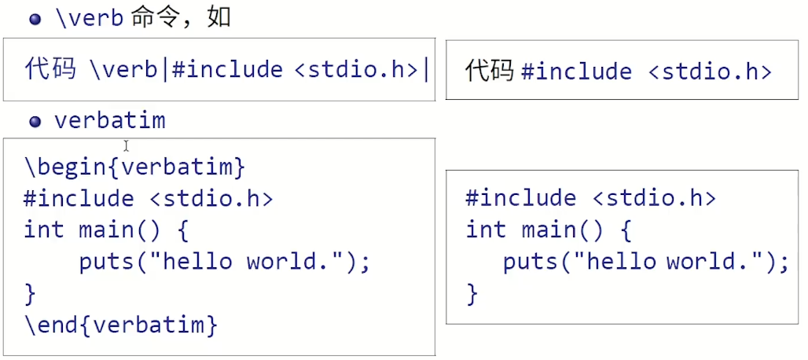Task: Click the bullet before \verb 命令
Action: (35, 20)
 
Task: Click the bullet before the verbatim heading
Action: (35, 122)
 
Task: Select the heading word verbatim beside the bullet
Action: (109, 121)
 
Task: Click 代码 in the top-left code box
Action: (50, 69)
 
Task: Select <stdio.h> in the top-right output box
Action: (711, 72)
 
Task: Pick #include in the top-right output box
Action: (576, 72)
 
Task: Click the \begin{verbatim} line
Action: (135, 167)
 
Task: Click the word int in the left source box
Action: (44, 230)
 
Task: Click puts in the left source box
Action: (106, 261)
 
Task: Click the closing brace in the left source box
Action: (30, 293)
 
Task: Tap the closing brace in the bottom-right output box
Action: (472, 293)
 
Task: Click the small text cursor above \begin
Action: (126, 146)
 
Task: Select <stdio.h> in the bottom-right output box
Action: (654, 197)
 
